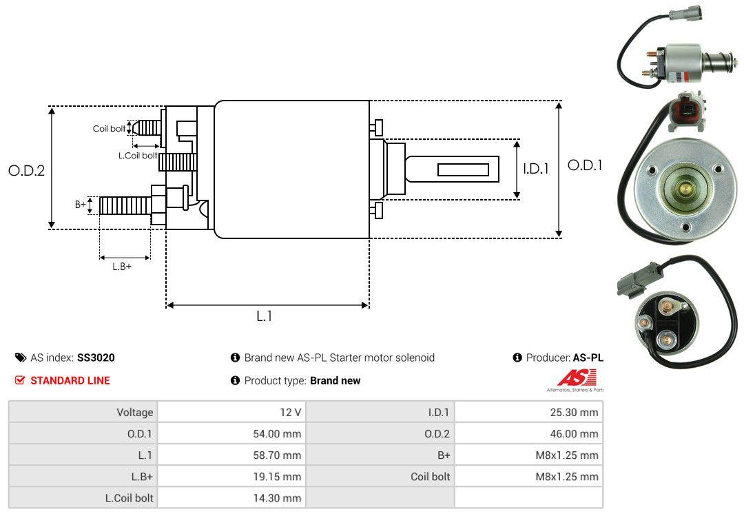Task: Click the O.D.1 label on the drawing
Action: click(x=585, y=165)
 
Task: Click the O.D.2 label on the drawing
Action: click(x=26, y=170)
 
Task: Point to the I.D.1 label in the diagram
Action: click(x=535, y=168)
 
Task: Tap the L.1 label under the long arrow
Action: click(x=265, y=316)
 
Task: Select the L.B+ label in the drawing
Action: click(x=122, y=266)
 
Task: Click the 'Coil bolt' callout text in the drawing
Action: click(x=109, y=129)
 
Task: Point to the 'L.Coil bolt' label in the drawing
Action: click(x=138, y=156)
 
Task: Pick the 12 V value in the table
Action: click(x=289, y=413)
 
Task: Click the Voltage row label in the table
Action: click(x=134, y=413)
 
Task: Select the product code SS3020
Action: click(x=96, y=358)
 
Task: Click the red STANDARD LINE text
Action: click(x=70, y=380)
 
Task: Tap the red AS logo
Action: click(x=571, y=378)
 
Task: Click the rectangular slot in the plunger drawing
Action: click(x=463, y=169)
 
